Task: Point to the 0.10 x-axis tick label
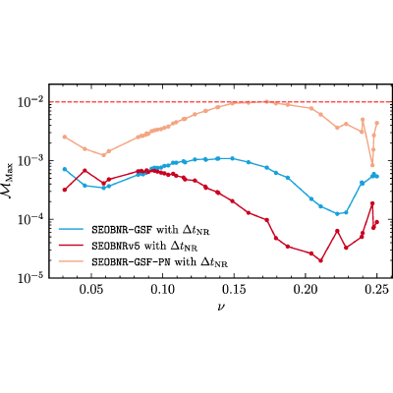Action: tap(162, 291)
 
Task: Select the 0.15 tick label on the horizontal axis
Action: tap(234, 291)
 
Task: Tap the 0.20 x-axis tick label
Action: tap(306, 291)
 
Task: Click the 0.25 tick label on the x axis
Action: tap(376, 291)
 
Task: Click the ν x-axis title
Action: tap(220, 307)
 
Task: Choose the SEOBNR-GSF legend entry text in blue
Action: tap(150, 231)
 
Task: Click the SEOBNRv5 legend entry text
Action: tap(144, 246)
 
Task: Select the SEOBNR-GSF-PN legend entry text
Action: tap(159, 262)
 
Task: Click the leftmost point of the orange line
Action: tap(65, 137)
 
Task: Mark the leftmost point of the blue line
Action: tap(65, 169)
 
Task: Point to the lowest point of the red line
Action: tap(320, 260)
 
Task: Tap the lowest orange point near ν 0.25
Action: tap(372, 165)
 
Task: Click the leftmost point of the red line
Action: tap(65, 190)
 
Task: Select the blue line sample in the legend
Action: tap(72, 229)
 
